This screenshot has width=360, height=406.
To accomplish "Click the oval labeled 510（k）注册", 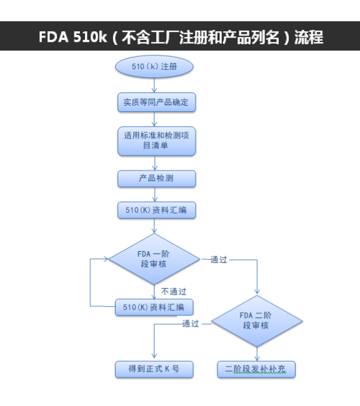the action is (154, 67).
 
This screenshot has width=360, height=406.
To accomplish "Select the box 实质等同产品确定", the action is (156, 102).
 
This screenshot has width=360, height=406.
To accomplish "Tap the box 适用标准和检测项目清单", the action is (156, 141).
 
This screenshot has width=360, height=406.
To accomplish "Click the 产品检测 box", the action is (156, 179).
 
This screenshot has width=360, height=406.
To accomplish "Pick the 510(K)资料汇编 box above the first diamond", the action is (156, 210).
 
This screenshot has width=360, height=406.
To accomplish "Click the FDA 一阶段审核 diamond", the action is (154, 259).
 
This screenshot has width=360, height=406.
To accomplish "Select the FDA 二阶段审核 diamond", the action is (257, 321).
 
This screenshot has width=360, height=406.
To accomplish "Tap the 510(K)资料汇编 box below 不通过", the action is (154, 307).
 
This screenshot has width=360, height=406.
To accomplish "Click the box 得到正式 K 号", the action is (154, 369).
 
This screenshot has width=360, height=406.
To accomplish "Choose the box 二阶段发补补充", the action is (256, 369).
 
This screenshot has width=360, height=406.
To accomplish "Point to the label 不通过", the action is (174, 292).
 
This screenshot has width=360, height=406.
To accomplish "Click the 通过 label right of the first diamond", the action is (219, 260).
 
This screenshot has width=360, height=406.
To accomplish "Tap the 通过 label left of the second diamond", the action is (191, 324).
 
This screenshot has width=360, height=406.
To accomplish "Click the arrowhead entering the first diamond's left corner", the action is (106, 259).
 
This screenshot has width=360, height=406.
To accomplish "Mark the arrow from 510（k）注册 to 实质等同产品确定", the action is (154, 85).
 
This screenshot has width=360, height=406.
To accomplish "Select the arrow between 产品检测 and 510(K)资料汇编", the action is (155, 194).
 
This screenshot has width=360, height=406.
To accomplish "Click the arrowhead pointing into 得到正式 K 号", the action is (154, 356).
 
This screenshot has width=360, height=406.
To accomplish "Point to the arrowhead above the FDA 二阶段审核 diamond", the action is (257, 292).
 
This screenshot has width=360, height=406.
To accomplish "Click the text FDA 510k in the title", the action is (72, 37).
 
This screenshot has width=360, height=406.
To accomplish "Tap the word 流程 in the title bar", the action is (309, 37).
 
